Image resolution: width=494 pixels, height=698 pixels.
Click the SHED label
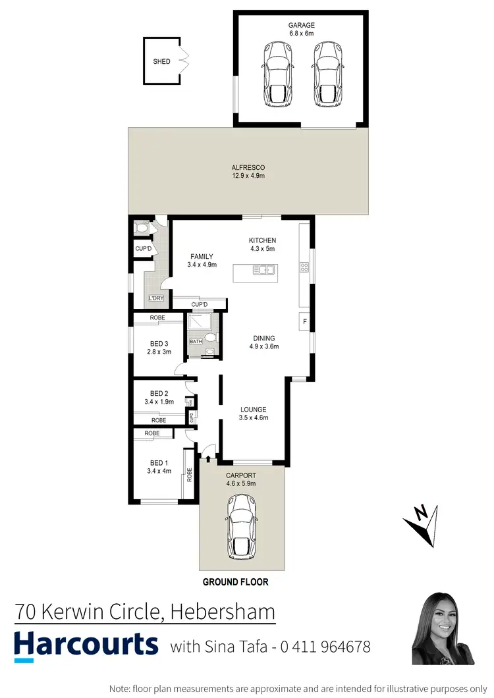162,61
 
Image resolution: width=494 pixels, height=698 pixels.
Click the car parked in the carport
242,527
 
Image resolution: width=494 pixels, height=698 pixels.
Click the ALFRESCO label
248,167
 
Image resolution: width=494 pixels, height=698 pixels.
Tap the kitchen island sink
265,269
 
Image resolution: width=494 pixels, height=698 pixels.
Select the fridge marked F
305,322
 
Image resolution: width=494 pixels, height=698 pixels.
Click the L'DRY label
156,298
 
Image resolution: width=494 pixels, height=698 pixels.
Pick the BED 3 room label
159,343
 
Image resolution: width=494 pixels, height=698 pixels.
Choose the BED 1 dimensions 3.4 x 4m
158,471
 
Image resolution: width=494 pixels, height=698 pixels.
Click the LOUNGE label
253,409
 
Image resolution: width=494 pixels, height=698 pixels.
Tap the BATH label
196,341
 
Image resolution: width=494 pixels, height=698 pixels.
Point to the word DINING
262,338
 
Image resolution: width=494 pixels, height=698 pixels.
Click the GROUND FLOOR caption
235,582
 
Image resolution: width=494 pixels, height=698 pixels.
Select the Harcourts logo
86,644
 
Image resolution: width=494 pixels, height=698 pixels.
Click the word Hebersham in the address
223,612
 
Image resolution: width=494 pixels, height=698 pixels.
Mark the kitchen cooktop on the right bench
304,267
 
